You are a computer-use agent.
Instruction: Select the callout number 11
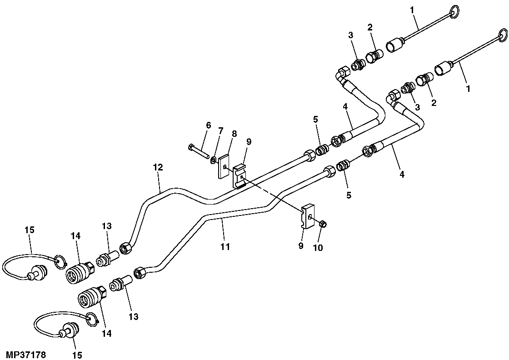(225, 247)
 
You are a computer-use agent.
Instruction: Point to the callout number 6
(209, 125)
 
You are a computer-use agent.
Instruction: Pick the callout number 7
(220, 131)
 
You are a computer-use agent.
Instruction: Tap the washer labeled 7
(213, 160)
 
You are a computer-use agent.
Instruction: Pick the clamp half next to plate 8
(240, 175)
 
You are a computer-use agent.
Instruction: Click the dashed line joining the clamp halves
(273, 195)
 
